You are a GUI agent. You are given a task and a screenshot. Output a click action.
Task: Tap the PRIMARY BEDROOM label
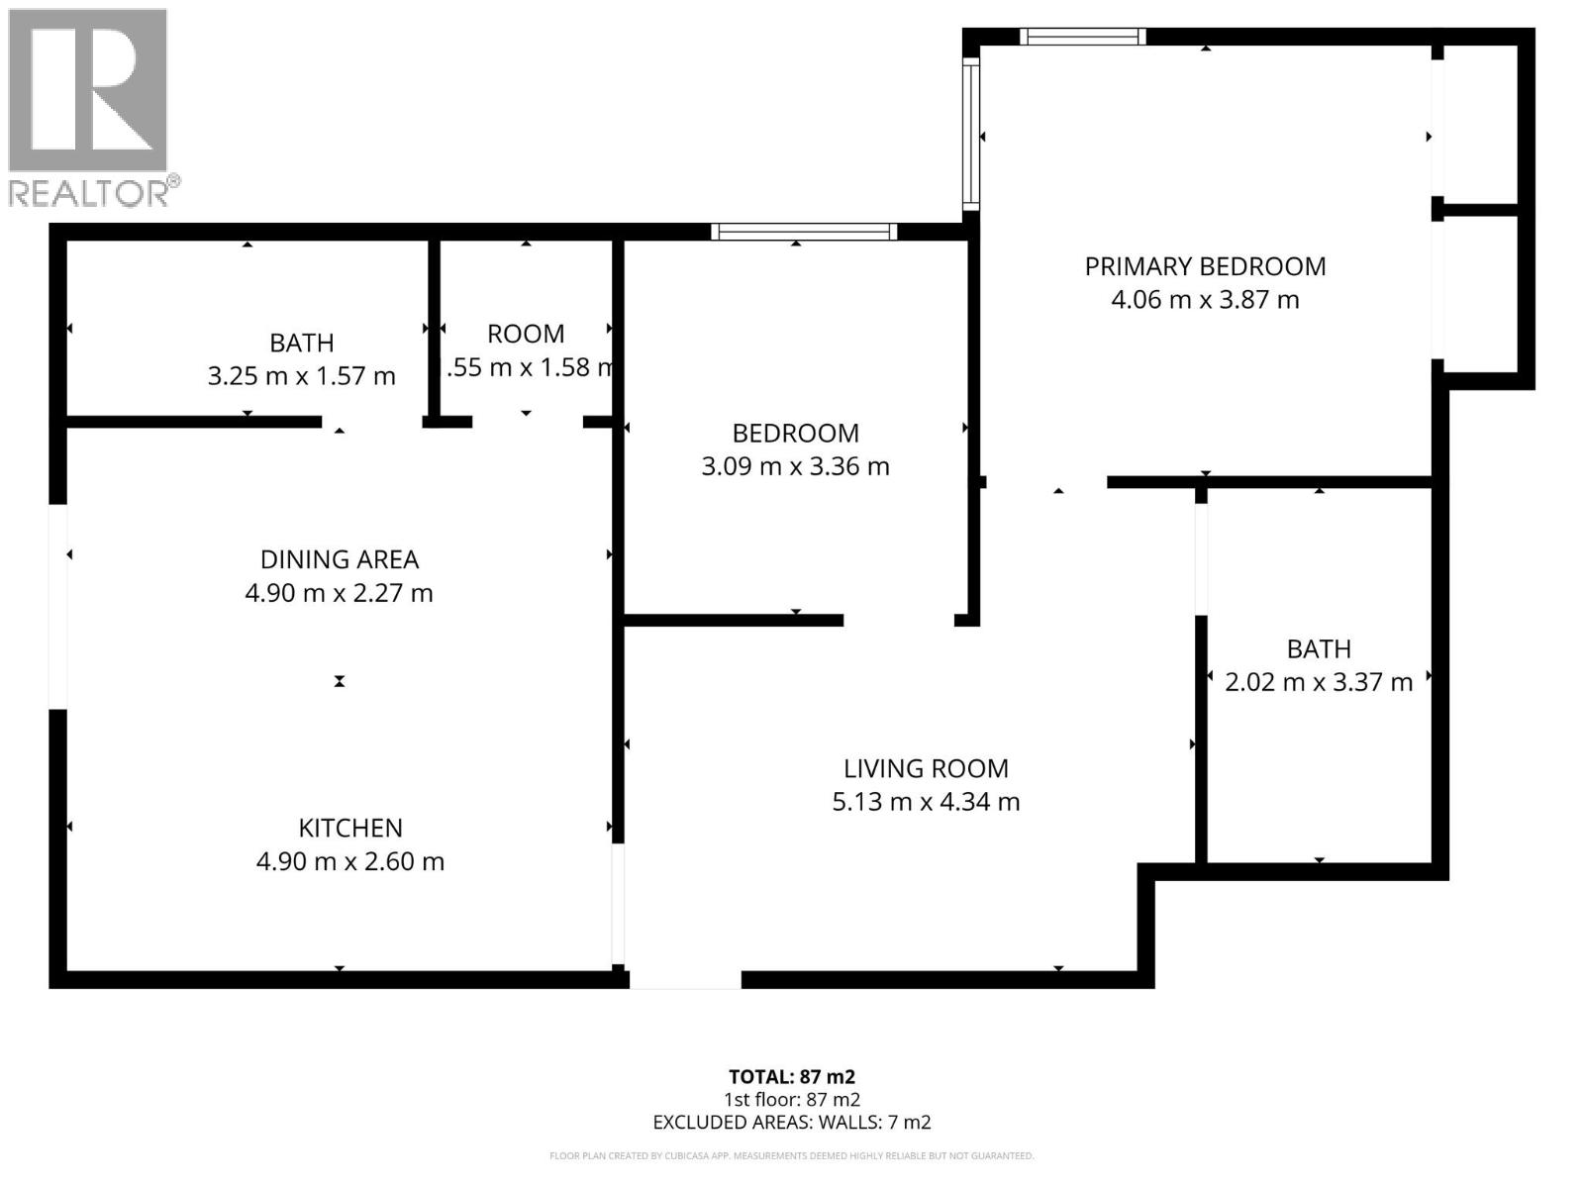(x=1205, y=266)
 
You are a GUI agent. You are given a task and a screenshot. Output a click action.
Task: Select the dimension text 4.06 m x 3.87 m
(x=1205, y=300)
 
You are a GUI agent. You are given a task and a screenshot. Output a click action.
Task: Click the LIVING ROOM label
(x=926, y=768)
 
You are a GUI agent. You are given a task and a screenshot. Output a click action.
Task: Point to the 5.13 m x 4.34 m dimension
(x=926, y=802)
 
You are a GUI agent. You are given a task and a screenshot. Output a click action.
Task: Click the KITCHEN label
(x=350, y=828)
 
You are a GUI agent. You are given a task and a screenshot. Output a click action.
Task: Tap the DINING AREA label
(x=340, y=559)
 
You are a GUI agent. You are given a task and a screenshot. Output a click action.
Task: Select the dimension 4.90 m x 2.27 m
(x=340, y=593)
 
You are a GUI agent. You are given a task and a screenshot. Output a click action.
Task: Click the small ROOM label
(x=526, y=334)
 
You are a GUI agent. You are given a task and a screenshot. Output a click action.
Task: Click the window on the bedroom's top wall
(x=804, y=232)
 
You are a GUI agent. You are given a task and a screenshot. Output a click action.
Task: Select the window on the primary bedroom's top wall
(x=1082, y=37)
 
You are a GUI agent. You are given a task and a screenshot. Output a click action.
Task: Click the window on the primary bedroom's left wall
(x=971, y=134)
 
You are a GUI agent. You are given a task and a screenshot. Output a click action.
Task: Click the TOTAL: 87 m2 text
(x=791, y=1076)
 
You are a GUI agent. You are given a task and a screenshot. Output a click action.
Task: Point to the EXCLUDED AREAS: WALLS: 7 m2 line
(x=791, y=1123)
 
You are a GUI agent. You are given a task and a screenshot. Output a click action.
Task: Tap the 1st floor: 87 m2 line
(x=791, y=1100)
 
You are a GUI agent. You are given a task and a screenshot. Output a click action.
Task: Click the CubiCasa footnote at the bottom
(x=791, y=1156)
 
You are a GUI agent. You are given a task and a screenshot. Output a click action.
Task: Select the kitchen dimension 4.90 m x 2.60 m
(x=350, y=861)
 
